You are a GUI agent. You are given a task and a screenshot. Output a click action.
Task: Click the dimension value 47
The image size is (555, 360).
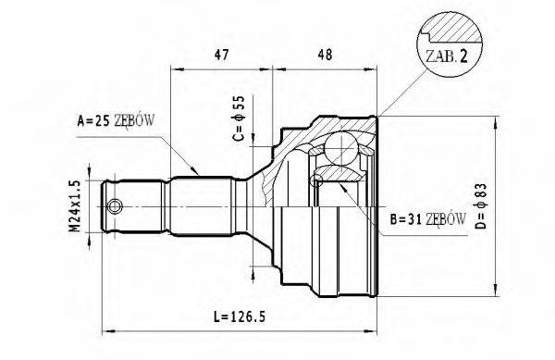[x=221, y=55]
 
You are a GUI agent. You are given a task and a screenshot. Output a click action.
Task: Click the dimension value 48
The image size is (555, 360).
[x=325, y=55]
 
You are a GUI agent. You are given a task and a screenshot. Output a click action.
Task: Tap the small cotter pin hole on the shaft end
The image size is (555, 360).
[x=115, y=206]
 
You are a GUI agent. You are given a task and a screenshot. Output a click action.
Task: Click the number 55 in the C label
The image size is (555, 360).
[x=238, y=103]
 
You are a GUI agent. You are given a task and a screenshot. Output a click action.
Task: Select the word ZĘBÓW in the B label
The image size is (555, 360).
[x=446, y=219]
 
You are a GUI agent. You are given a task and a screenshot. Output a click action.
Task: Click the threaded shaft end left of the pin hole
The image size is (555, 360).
[x=98, y=205]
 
